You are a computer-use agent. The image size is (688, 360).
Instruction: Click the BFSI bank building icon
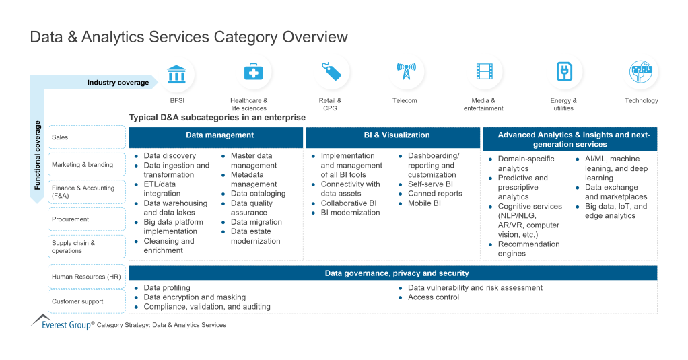tap(177, 73)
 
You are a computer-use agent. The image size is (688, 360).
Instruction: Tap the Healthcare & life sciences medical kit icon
tap(254, 73)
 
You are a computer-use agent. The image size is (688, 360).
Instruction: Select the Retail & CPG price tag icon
tap(331, 73)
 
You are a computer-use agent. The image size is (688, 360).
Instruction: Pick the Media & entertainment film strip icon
tap(484, 73)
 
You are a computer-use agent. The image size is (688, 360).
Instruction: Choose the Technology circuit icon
tap(641, 73)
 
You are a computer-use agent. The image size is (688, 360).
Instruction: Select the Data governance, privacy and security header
tap(392, 273)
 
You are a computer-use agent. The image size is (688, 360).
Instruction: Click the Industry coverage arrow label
tap(118, 83)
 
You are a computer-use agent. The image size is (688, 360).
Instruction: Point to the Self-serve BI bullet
tap(430, 184)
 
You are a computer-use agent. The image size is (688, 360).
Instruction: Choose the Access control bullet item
tap(433, 297)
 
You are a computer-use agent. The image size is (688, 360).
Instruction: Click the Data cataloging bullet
tap(258, 194)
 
